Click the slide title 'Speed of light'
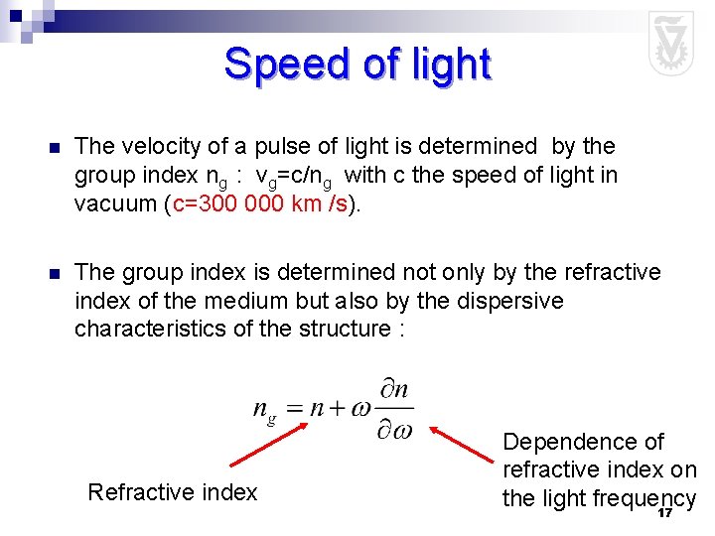tap(357, 65)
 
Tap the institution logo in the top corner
tap(670, 44)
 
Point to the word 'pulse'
tap(278, 146)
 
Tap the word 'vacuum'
tap(112, 203)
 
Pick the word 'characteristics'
tap(150, 329)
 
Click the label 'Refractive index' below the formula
tap(173, 491)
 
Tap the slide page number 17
tap(664, 513)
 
